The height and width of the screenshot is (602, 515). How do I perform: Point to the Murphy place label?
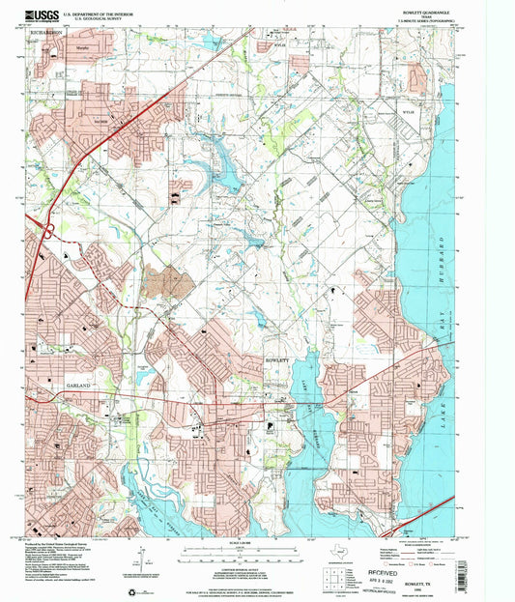coord(96,45)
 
